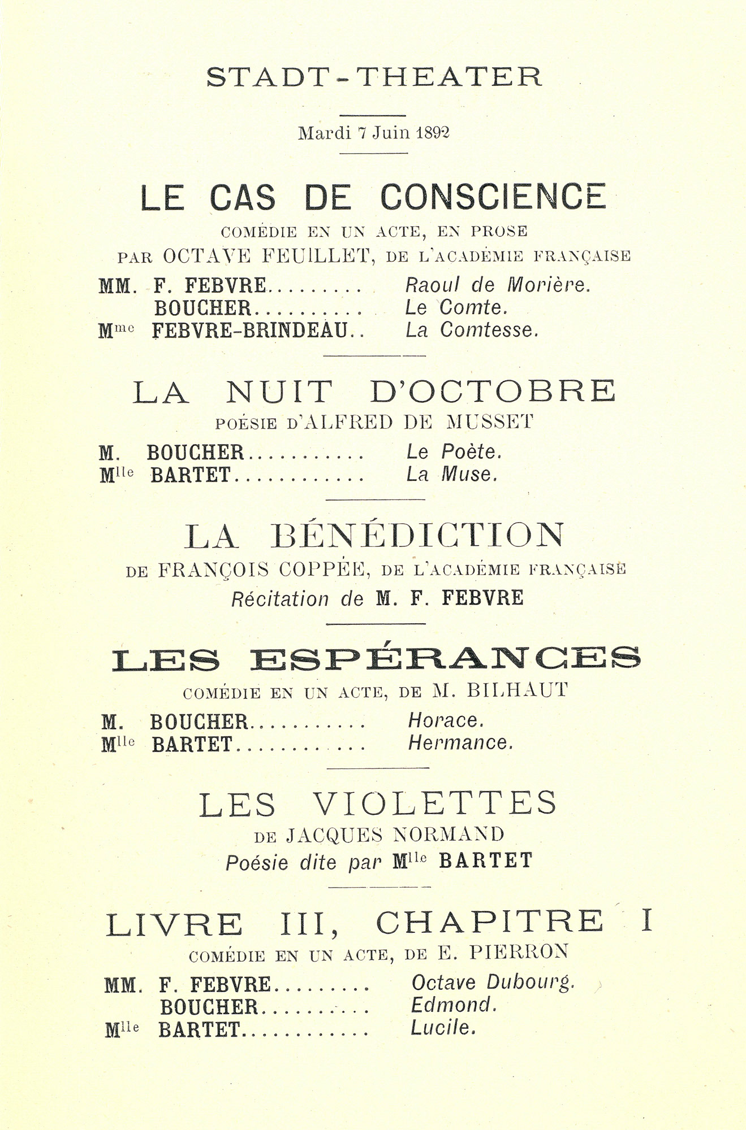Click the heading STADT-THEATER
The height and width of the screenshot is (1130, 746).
pyautogui.click(x=374, y=77)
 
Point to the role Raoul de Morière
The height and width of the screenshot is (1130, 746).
pyautogui.click(x=498, y=285)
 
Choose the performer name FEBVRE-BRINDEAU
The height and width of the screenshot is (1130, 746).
pyautogui.click(x=249, y=330)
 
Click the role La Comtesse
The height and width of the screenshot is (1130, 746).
pyautogui.click(x=472, y=330)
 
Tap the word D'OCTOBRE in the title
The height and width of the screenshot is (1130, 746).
pyautogui.click(x=493, y=392)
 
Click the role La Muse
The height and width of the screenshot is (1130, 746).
pyautogui.click(x=452, y=474)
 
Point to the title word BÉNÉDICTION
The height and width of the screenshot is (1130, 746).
pyautogui.click(x=417, y=536)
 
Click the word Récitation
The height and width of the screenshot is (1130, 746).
pyautogui.click(x=280, y=599)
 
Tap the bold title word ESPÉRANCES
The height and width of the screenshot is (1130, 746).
pyautogui.click(x=445, y=659)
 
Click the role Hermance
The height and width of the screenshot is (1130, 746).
pyautogui.click(x=460, y=743)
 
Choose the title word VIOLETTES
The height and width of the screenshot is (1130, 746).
pyautogui.click(x=434, y=803)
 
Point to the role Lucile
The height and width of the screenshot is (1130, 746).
pyautogui.click(x=443, y=1028)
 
